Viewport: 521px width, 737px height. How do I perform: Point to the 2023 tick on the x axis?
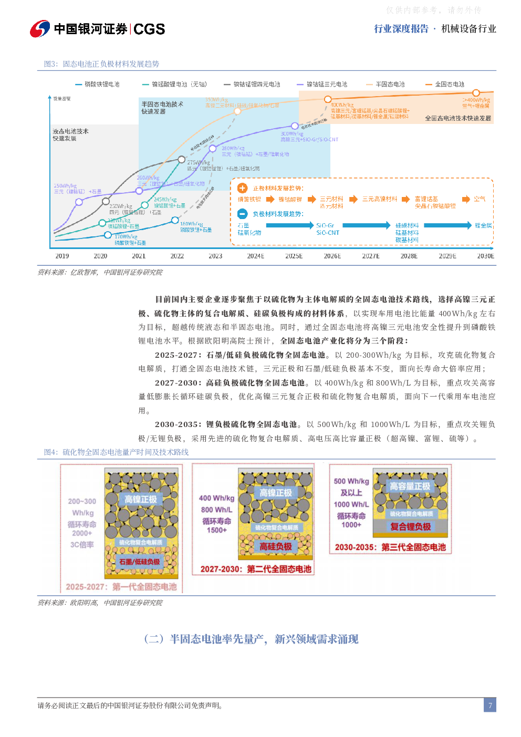tap(215, 256)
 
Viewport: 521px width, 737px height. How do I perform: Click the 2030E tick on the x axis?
tap(485, 256)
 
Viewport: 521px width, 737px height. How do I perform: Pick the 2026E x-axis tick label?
tap(332, 256)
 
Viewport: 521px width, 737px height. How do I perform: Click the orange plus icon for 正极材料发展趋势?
tap(242, 188)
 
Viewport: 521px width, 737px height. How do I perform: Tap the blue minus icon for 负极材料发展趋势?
tap(242, 214)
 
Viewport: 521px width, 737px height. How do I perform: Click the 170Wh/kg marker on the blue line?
tap(108, 235)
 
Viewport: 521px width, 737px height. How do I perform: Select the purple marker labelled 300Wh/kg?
tap(295, 126)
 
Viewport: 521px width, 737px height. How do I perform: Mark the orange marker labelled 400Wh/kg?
tap(327, 98)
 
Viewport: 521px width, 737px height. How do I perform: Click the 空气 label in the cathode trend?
tap(480, 199)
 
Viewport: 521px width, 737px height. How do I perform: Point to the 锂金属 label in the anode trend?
tap(483, 225)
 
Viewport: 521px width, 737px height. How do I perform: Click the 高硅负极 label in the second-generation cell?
tap(276, 546)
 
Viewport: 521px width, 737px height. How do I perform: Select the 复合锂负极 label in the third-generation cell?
tap(410, 526)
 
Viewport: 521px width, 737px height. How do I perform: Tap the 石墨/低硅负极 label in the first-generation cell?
tap(139, 562)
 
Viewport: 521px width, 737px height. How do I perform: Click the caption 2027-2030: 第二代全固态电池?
tap(256, 569)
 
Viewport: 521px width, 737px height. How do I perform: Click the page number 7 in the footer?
tap(490, 705)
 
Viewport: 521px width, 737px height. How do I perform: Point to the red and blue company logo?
tap(40, 29)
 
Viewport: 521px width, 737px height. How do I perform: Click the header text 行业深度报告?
tap(401, 29)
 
